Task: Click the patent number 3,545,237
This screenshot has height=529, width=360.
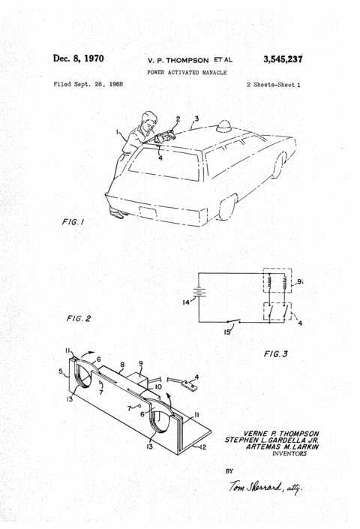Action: pyautogui.click(x=283, y=59)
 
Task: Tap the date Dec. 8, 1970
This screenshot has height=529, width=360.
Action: pyautogui.click(x=78, y=59)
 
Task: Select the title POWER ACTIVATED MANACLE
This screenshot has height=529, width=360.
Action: pyautogui.click(x=187, y=72)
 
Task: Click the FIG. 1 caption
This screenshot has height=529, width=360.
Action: pyautogui.click(x=73, y=221)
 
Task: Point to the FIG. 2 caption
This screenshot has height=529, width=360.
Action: pyautogui.click(x=79, y=318)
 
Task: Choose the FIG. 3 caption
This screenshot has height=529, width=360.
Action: pyautogui.click(x=276, y=353)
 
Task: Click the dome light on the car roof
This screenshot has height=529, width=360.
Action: pyautogui.click(x=223, y=126)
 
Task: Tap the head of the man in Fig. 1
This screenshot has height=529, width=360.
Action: pyautogui.click(x=148, y=121)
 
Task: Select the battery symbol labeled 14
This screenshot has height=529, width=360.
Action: pyautogui.click(x=199, y=292)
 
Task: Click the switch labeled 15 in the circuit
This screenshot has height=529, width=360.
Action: pyautogui.click(x=233, y=321)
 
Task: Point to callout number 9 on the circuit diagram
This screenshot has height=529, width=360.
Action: pyautogui.click(x=299, y=281)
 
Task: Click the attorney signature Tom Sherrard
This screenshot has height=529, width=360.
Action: pyautogui.click(x=265, y=487)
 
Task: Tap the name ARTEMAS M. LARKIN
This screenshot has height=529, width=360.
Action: pyautogui.click(x=282, y=446)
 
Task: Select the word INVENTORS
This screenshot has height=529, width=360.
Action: pyautogui.click(x=289, y=453)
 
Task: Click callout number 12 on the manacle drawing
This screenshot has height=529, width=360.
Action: pyautogui.click(x=202, y=447)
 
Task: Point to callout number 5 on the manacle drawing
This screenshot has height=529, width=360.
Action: pyautogui.click(x=61, y=371)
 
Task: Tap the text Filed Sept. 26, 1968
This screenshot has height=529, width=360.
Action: pyautogui.click(x=88, y=84)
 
